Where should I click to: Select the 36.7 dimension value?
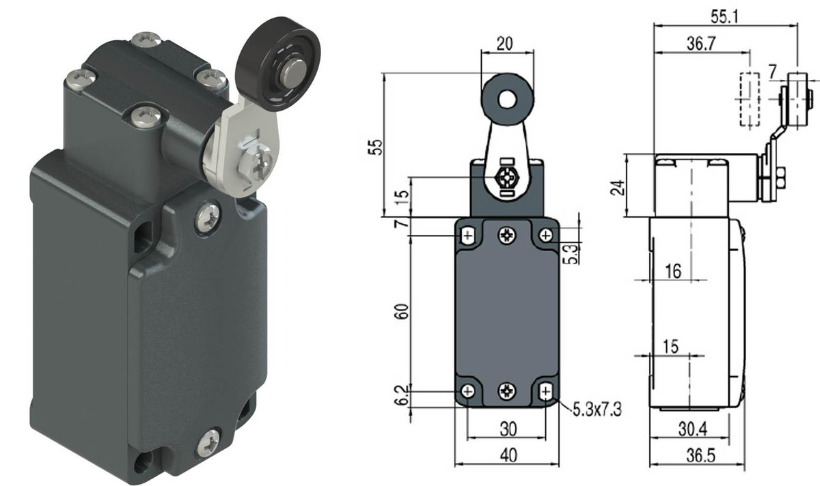(x=702, y=44)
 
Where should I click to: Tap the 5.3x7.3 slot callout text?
(x=592, y=410)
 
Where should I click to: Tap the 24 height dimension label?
(x=618, y=186)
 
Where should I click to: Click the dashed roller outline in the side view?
(x=750, y=100)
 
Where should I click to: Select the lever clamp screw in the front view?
(x=507, y=179)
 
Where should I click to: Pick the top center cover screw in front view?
(x=507, y=235)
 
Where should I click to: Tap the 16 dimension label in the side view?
(x=672, y=271)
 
